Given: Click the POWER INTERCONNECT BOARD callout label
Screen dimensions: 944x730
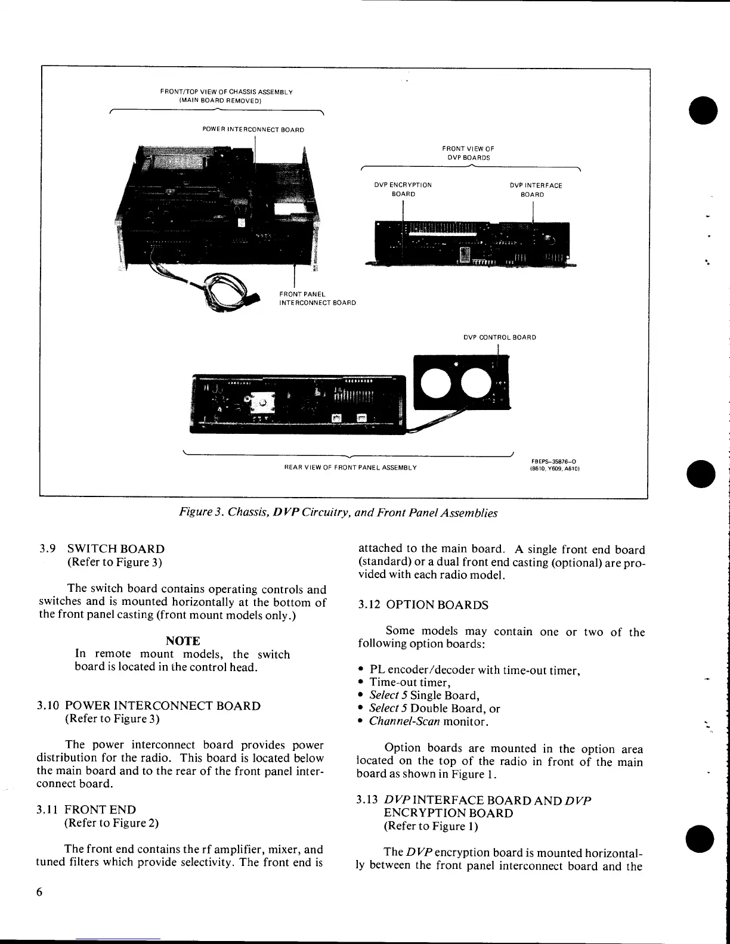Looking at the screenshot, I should pyautogui.click(x=253, y=129).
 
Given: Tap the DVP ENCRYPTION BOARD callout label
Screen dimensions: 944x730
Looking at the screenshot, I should pyautogui.click(x=403, y=190).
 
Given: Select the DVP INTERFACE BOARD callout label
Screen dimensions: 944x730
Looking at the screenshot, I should pyautogui.click(x=535, y=190).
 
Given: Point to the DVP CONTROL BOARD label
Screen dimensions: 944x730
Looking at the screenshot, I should pyautogui.click(x=500, y=337).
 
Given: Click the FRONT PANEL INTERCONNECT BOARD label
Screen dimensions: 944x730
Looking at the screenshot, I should pyautogui.click(x=317, y=299).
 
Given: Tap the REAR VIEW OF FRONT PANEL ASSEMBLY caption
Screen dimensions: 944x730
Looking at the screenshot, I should pyautogui.click(x=350, y=467).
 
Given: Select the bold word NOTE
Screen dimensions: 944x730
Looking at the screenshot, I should pyautogui.click(x=182, y=641).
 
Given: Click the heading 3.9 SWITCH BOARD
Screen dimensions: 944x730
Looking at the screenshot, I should pyautogui.click(x=102, y=549).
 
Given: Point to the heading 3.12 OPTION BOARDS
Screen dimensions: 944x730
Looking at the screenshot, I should pyautogui.click(x=423, y=605).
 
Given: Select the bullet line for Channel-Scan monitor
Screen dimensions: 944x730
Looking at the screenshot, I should pyautogui.click(x=429, y=721).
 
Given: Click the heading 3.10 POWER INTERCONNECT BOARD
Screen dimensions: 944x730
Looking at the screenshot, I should pyautogui.click(x=149, y=706).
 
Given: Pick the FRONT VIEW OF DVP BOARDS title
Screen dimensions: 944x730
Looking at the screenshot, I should pyautogui.click(x=468, y=153).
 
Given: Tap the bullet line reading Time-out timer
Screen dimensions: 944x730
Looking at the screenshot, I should pyautogui.click(x=410, y=682).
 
